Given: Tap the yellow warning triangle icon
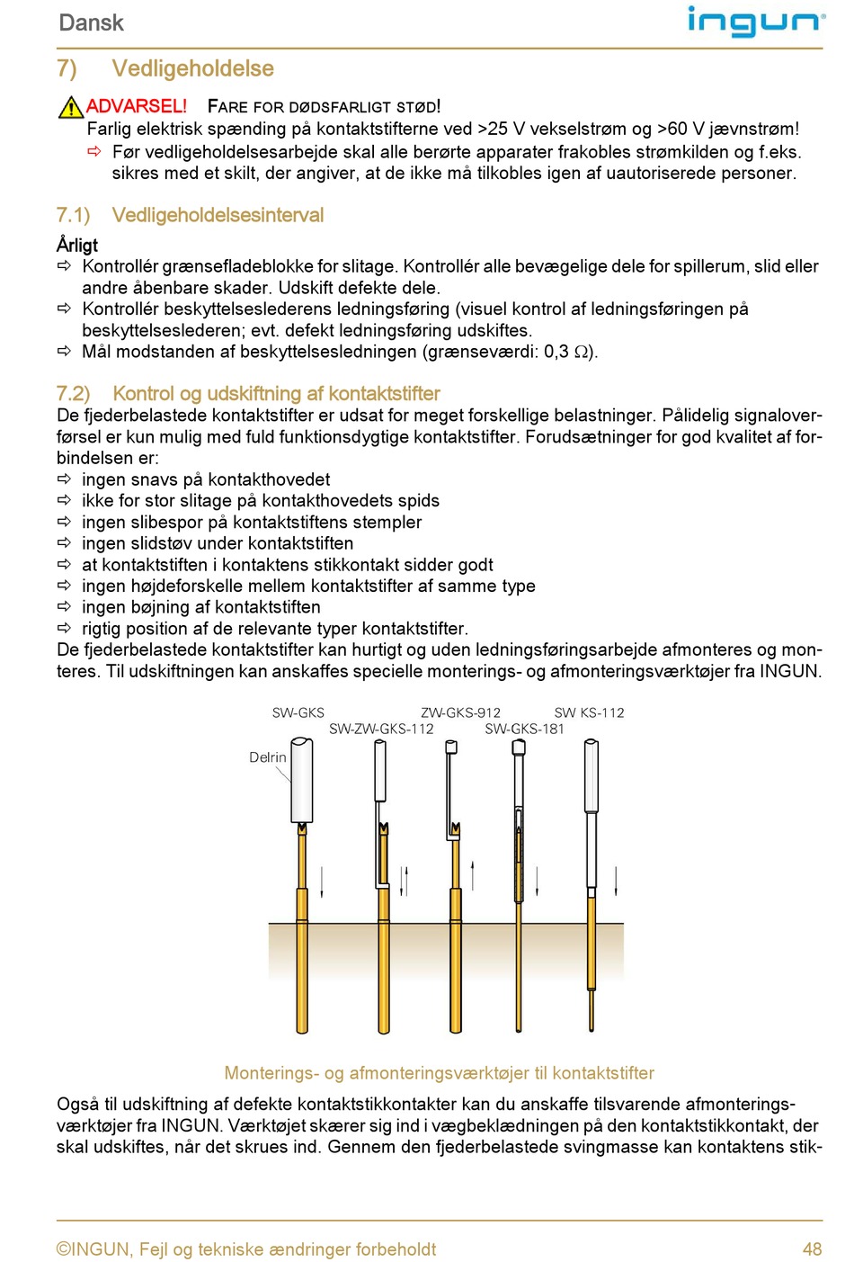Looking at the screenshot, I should pos(70,107).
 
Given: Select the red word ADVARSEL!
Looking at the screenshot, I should pos(137,106).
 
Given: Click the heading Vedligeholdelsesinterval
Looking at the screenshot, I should pos(218,215).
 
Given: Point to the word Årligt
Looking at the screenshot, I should pos(77,245).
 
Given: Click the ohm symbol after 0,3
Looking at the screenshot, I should pos(582,353).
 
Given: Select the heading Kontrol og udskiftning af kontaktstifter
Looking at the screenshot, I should pos(276,393).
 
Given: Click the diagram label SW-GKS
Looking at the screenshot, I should pos(298,712).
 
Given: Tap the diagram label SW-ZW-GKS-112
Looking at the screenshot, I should pos(381,729).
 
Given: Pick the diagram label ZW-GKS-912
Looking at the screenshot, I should pos(460,712).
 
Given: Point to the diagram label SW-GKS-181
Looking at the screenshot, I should pos(524,729).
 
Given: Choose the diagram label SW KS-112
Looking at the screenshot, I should pos(589,712).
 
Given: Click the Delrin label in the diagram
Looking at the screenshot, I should pos(267,757).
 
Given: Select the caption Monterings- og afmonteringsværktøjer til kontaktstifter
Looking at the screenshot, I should pos(439,1072).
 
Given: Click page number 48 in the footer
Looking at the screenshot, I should pos(812,1249).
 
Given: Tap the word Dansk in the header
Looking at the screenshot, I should pos(91,22).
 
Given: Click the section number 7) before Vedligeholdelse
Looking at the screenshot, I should pos(67,68).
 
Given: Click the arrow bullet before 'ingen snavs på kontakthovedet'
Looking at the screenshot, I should pos(64,479).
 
